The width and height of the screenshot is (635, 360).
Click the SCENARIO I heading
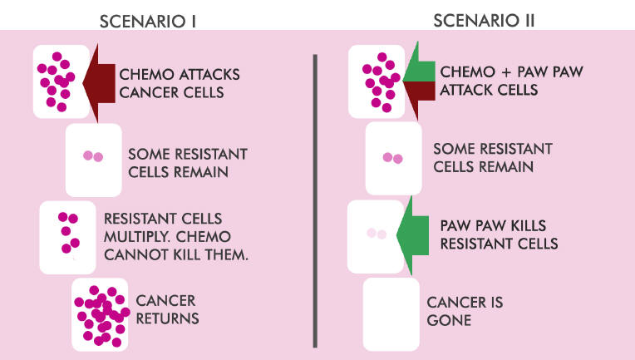pyautogui.click(x=148, y=22)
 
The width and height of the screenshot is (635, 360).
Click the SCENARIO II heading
pyautogui.click(x=484, y=20)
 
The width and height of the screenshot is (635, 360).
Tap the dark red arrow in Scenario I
pyautogui.click(x=99, y=83)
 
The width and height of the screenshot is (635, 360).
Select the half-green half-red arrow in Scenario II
pyautogui.click(x=419, y=81)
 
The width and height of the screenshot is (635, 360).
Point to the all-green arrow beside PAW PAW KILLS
pyautogui.click(x=412, y=235)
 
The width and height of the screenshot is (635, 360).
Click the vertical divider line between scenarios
pyautogui.click(x=315, y=201)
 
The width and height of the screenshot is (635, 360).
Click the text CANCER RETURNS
pyautogui.click(x=167, y=309)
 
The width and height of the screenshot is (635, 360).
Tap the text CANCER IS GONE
pyautogui.click(x=465, y=311)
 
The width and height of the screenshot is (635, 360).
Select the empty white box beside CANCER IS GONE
pyautogui.click(x=391, y=314)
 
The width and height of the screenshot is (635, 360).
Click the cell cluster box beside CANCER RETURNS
pyautogui.click(x=100, y=314)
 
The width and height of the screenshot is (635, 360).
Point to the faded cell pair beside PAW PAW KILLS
pyautogui.click(x=377, y=234)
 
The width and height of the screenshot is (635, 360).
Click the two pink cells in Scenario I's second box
pyautogui.click(x=93, y=156)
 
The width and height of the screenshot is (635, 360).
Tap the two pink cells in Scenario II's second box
pyautogui.click(x=393, y=158)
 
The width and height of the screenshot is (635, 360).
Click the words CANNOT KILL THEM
pyautogui.click(x=176, y=254)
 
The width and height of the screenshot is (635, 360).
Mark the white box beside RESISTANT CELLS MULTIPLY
pyautogui.click(x=67, y=237)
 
